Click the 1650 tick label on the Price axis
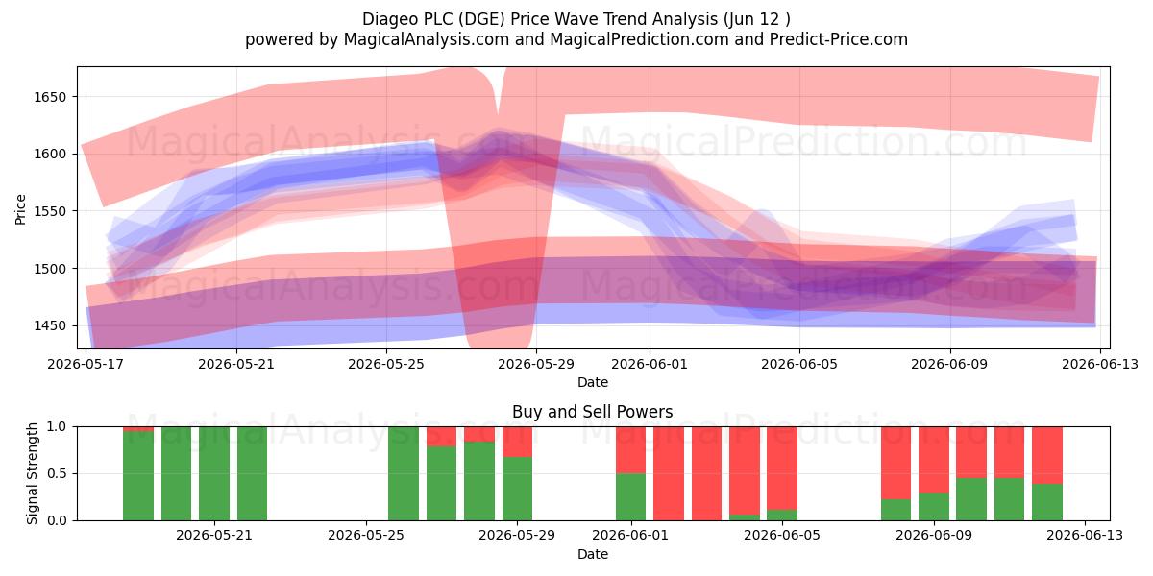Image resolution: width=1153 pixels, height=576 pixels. [50, 97]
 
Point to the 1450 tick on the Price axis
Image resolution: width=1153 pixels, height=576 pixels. [50, 325]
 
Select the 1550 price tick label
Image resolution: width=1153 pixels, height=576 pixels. [50, 211]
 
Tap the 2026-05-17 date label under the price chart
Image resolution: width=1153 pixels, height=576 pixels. [86, 364]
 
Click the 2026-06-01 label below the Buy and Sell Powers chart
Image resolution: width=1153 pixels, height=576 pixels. [630, 535]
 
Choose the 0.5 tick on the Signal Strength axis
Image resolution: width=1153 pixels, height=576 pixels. [57, 473]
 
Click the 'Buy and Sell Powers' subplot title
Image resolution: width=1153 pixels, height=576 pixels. [593, 412]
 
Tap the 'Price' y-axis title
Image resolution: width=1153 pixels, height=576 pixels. [20, 209]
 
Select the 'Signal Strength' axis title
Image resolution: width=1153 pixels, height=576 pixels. [32, 473]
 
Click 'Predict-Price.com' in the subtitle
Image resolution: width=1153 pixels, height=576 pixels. [839, 39]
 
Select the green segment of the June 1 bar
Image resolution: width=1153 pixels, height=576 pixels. [630, 497]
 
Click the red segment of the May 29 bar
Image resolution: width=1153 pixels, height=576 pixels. [517, 442]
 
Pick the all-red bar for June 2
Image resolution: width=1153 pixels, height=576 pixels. [669, 473]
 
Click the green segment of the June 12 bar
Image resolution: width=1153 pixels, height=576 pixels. [1047, 502]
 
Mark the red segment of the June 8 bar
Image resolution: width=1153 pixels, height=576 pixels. [895, 463]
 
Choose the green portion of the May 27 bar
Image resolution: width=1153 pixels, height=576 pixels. [441, 484]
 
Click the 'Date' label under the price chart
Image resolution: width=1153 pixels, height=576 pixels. [593, 382]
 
